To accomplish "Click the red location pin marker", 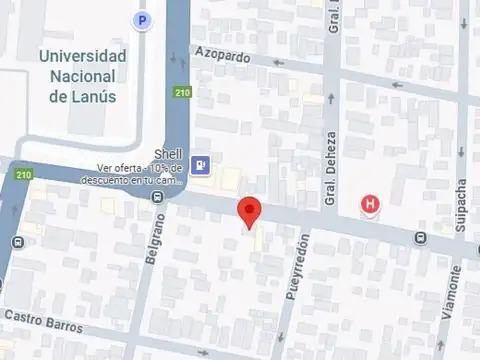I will tap(249, 211).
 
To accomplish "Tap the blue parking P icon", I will tap(143, 19).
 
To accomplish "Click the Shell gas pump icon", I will tap(202, 165).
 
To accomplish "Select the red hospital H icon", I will tap(371, 205).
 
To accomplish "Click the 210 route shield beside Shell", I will tap(181, 93).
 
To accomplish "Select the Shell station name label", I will tap(165, 154).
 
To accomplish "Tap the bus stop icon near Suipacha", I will tap(420, 238).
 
